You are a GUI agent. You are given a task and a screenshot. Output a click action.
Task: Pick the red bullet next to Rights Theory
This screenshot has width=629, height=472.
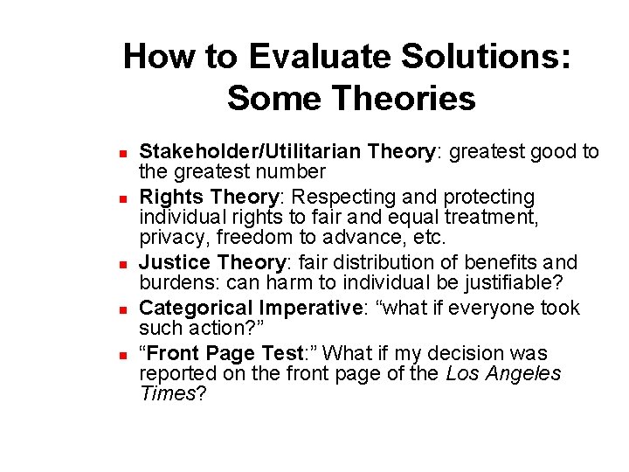[125, 198]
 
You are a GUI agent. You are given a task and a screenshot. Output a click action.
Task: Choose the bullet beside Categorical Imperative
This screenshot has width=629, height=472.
[125, 309]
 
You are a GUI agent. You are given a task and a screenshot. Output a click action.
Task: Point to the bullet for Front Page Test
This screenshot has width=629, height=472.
[125, 354]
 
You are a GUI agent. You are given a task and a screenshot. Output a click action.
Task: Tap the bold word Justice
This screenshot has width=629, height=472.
[176, 262]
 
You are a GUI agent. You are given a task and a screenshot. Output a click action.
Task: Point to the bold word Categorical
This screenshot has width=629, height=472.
[197, 308]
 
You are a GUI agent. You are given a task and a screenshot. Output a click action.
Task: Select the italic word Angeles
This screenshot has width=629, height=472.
[521, 373]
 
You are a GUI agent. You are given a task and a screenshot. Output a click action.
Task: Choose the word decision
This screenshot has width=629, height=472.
[468, 353]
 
